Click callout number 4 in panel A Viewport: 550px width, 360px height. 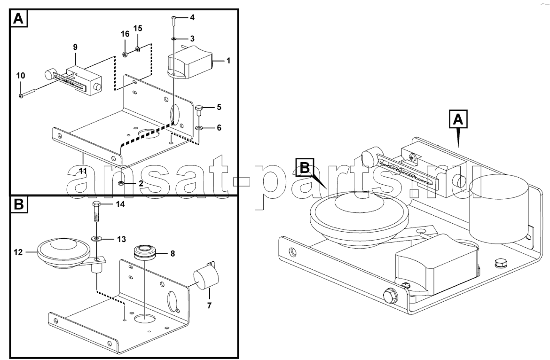point(192,17)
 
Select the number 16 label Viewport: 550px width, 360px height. point(125,34)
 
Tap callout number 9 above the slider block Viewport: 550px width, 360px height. point(75,47)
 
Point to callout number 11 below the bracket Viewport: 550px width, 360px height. point(83,171)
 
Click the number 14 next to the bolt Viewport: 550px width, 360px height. point(120,204)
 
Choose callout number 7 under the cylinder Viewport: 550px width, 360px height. point(209,305)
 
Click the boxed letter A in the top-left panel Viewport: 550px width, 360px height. point(18,18)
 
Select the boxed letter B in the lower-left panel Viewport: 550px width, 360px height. point(19,204)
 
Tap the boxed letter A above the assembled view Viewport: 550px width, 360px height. point(458,120)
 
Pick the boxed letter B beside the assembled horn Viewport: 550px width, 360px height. point(305,168)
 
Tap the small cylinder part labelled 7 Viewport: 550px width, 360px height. point(206,279)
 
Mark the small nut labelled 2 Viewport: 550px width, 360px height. point(121,183)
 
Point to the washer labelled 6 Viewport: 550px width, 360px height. point(199,127)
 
